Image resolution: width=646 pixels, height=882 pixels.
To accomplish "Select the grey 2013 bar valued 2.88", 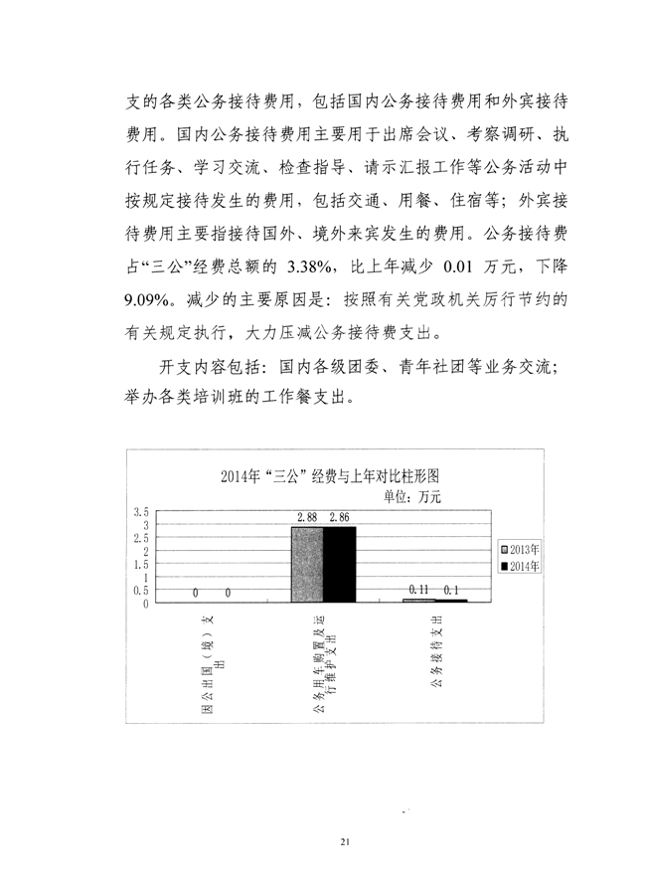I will [x=306, y=565].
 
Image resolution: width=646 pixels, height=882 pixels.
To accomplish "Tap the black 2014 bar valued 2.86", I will [x=339, y=565].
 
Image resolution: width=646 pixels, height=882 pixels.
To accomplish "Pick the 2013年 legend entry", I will [x=523, y=549].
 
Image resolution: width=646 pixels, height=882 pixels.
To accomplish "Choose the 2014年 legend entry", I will [x=523, y=566].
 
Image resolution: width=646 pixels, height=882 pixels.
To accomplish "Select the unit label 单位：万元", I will [x=411, y=494].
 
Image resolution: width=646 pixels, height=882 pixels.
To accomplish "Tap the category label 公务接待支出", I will [x=437, y=656].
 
